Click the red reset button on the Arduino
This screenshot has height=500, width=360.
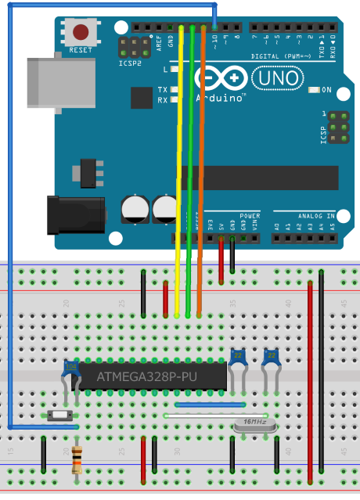click(x=81, y=33)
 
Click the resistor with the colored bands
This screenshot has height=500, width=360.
click(x=77, y=460)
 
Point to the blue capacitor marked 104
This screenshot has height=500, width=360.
click(x=71, y=365)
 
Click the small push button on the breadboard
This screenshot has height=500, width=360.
click(x=59, y=415)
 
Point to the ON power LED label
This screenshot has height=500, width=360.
click(x=326, y=91)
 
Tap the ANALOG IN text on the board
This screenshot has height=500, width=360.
click(x=315, y=215)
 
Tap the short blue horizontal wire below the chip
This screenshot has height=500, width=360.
click(x=211, y=405)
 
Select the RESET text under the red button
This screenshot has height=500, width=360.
click(x=81, y=50)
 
